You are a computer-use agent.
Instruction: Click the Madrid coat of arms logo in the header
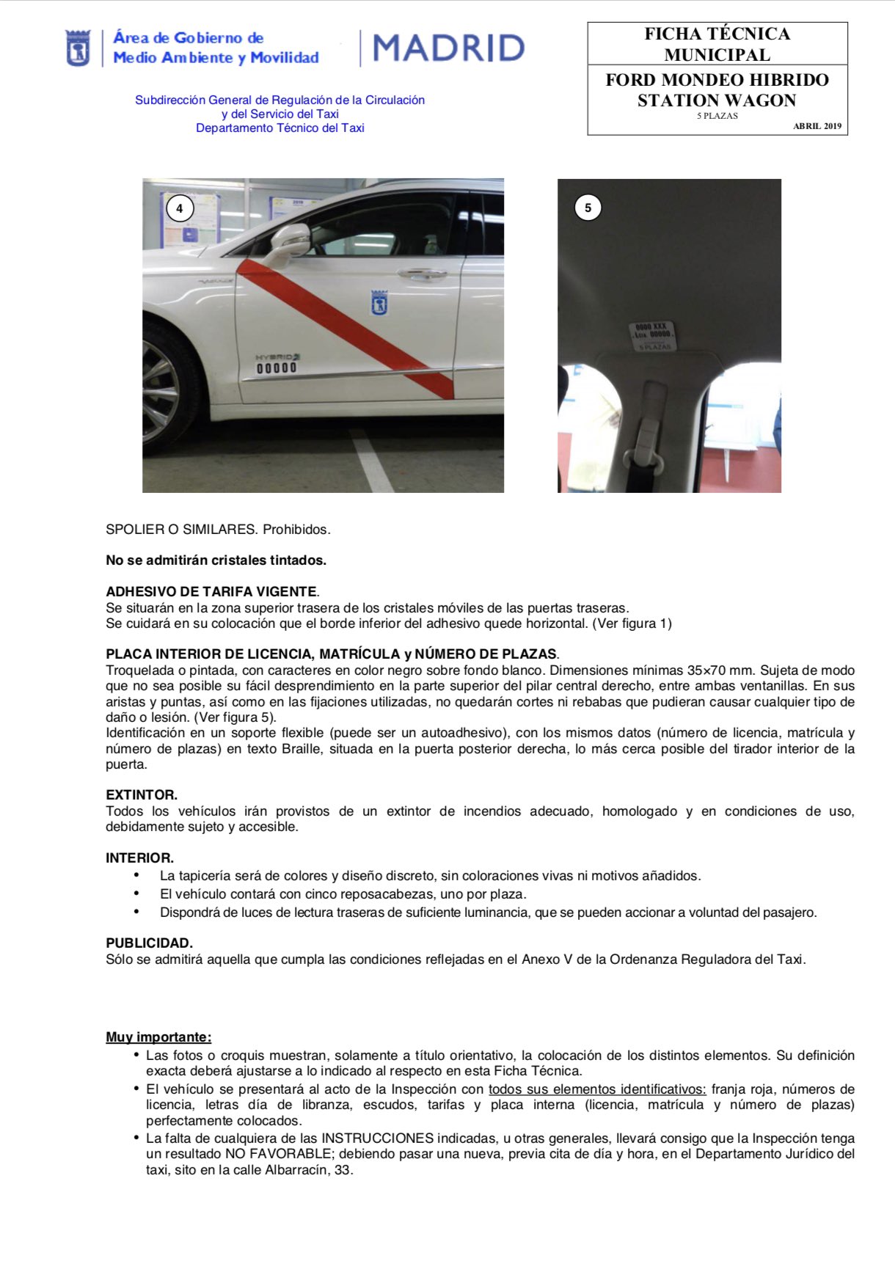(78, 48)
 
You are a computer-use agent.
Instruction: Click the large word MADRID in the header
(449, 48)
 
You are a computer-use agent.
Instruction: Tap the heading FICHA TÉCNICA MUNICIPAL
(717, 44)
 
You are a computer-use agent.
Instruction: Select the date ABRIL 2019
(817, 126)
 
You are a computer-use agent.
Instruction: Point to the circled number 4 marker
(180, 208)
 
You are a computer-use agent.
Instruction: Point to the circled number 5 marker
(588, 208)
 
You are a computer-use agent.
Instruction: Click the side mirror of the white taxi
(290, 243)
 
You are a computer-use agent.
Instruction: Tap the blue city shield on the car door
(379, 302)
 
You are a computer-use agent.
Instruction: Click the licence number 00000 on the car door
(277, 368)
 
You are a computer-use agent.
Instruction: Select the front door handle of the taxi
(423, 274)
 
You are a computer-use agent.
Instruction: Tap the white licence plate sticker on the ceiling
(653, 335)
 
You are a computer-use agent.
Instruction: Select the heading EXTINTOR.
(142, 794)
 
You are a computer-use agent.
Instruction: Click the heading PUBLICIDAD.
(149, 943)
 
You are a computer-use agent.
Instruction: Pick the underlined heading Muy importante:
(158, 1037)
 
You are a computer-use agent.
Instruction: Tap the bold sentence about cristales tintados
(216, 560)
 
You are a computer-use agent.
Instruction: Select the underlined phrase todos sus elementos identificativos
(597, 1089)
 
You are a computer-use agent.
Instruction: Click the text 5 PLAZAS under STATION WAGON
(717, 116)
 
